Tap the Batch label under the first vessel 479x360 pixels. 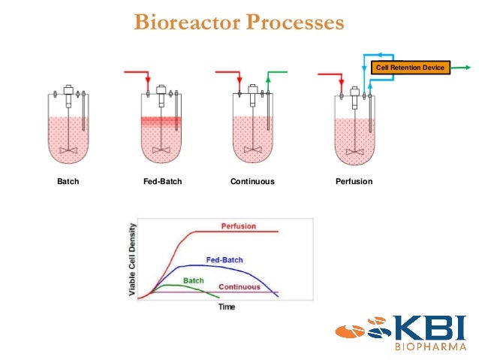(68, 182)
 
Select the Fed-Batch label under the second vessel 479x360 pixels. (162, 182)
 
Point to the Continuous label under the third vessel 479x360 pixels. (252, 182)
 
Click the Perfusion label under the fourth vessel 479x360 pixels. (354, 182)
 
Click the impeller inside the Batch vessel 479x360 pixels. (68, 150)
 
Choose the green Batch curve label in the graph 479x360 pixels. (194, 280)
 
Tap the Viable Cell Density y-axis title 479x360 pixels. (133, 259)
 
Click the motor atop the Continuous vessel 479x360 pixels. (252, 95)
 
